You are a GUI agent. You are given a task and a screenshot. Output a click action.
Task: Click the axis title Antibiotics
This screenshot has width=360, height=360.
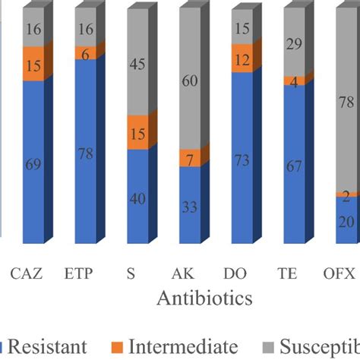point(204,298)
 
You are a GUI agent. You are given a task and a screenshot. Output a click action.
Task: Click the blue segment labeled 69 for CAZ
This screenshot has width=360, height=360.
point(33,163)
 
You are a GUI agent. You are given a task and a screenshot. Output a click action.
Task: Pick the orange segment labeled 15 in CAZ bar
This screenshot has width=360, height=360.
point(33,65)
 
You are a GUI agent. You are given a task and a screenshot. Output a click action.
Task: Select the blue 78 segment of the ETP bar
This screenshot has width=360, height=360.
point(86,152)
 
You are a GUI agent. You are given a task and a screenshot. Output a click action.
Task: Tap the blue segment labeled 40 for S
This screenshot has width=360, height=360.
point(137,197)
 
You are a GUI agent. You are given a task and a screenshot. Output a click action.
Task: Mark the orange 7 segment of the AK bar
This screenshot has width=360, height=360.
point(190,158)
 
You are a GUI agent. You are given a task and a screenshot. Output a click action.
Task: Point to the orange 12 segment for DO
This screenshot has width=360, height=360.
point(242,59)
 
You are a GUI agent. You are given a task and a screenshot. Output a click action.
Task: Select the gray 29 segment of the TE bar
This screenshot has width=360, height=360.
point(294,43)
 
